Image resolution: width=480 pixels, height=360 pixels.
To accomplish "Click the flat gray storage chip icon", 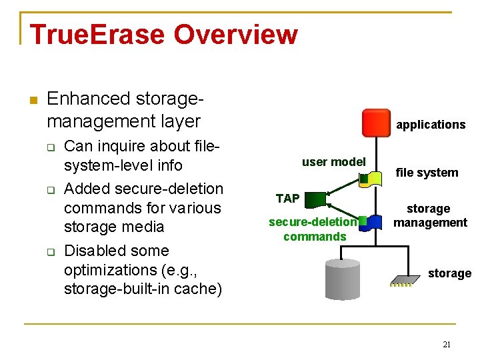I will pos(403,281).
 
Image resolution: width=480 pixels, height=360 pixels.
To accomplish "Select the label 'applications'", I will pos(431,125).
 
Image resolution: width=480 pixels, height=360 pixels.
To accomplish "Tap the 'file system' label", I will pos(427,173).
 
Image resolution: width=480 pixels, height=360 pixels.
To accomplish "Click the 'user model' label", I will pos(333,161).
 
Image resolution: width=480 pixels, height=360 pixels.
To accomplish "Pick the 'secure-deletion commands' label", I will pos(313,229).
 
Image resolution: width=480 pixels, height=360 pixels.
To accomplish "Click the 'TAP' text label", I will pos(287,198).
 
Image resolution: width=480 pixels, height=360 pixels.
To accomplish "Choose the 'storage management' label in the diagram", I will pos(429,215).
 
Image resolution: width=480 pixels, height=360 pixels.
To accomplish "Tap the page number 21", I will pos(447,344).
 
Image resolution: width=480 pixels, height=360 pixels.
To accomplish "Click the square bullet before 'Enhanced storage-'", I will pos(35,100).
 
